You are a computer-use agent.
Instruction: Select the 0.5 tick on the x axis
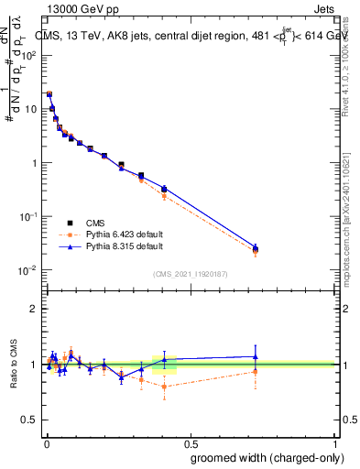point(191,442)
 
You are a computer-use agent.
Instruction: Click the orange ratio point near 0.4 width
point(164,387)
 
